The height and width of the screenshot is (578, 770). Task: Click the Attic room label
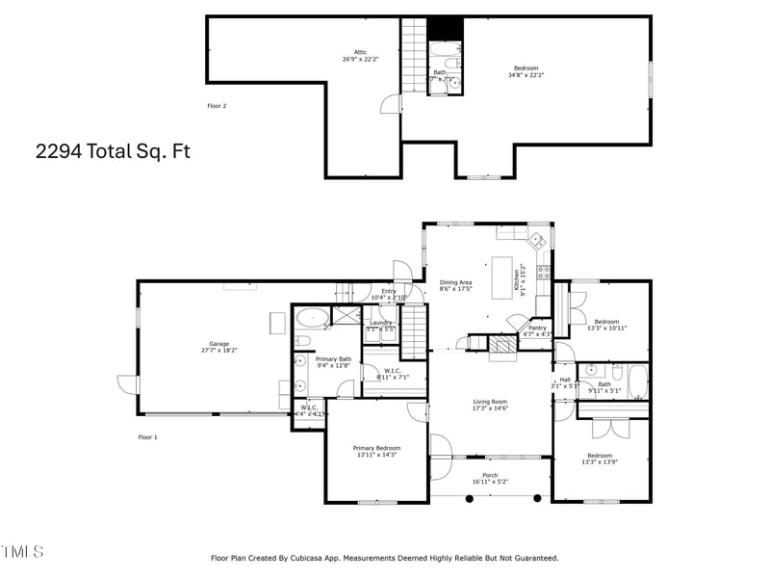pos(360,53)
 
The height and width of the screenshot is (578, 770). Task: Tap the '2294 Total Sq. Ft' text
pos(107,151)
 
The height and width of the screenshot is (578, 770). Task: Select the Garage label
pos(219,344)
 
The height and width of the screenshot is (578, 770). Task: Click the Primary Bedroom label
pos(376,448)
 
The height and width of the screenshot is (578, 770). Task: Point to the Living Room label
pos(490,402)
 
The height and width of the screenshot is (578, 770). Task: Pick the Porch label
pos(490,475)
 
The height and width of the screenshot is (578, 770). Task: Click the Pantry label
pos(537,328)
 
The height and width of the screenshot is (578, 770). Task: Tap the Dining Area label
pos(455,282)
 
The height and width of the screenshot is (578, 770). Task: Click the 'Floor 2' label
pos(217,105)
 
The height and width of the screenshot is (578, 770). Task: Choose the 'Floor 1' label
pos(147,437)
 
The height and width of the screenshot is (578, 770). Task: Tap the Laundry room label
pos(380,323)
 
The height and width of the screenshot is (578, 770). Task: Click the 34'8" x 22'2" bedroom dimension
pos(526,75)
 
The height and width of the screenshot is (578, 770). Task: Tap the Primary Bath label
pos(334,358)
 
